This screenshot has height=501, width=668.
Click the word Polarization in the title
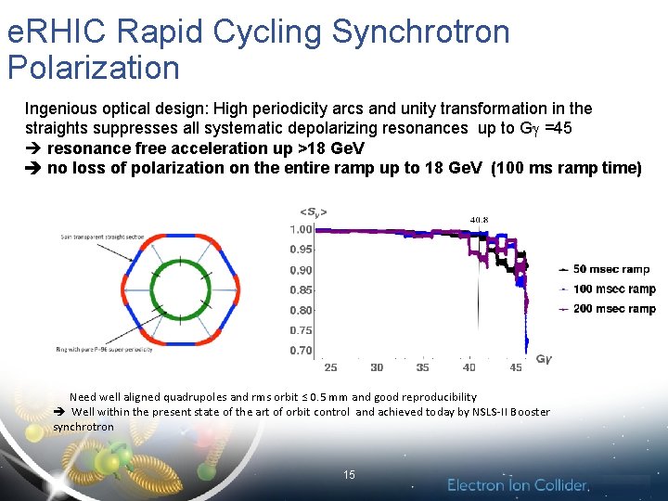[93, 68]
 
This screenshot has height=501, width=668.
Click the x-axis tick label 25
[330, 367]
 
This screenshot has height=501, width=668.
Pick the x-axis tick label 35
[423, 367]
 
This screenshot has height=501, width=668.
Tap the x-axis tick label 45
[516, 367]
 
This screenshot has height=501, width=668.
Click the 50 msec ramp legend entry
[611, 269]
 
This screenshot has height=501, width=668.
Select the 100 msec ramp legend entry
[614, 289]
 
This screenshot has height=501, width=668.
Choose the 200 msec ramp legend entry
[614, 309]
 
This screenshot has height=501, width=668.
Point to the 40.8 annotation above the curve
[479, 220]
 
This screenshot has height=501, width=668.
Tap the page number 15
[349, 475]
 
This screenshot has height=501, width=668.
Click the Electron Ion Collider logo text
[518, 484]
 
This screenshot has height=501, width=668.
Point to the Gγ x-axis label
[544, 358]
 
